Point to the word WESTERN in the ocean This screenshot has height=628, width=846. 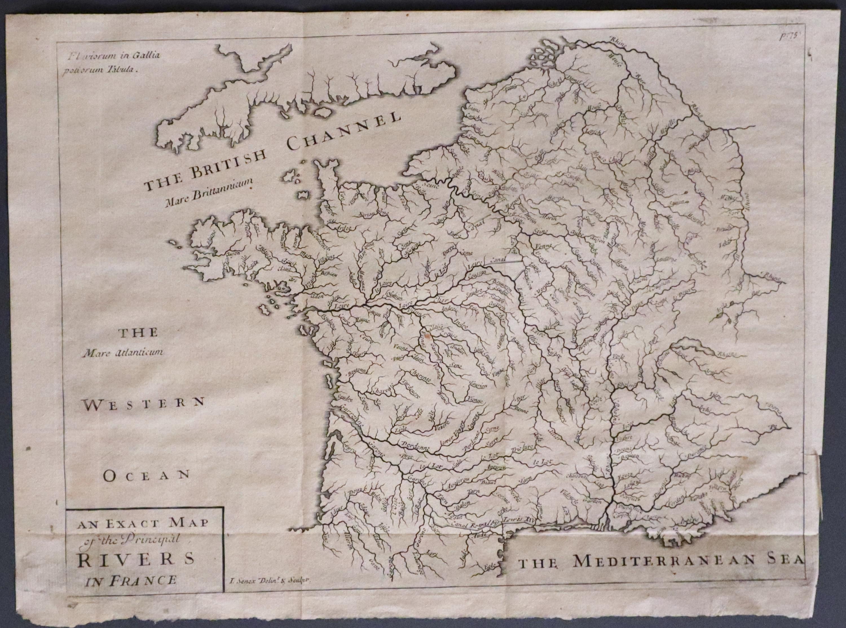point(144,404)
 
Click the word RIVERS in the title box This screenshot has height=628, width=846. point(136,559)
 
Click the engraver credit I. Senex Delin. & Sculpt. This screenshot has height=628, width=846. point(270,580)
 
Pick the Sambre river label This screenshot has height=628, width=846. point(556,129)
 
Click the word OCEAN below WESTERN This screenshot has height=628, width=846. point(146,475)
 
